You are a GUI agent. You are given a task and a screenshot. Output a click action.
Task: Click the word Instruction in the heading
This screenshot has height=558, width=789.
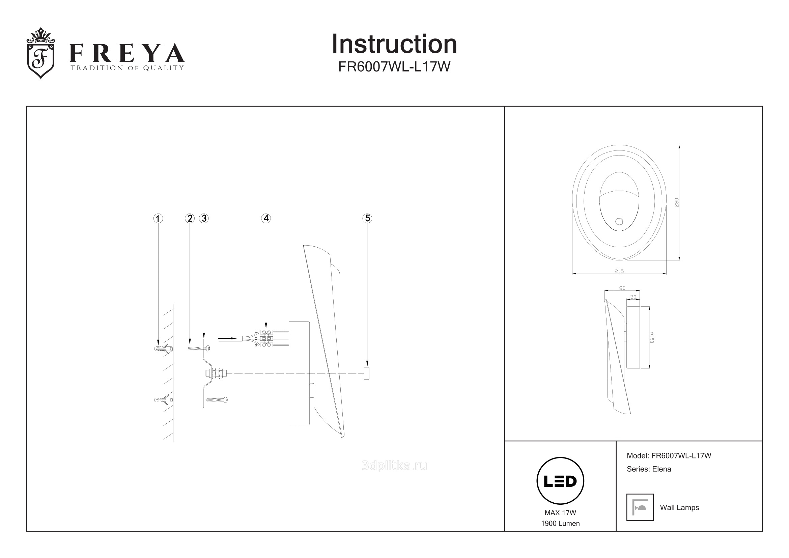point(394,44)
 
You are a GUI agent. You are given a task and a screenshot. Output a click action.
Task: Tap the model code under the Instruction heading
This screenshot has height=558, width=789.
point(394,67)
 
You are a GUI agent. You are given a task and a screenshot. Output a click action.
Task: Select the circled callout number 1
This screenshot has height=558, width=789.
point(158,219)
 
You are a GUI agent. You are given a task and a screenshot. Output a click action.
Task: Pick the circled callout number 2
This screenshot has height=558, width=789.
point(190,218)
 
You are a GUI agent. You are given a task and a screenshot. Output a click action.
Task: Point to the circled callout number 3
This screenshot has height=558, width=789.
point(204,218)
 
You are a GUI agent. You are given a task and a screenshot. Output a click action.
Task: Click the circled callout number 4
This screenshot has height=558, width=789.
point(266,218)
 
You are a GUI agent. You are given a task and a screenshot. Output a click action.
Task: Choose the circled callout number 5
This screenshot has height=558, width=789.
point(367,218)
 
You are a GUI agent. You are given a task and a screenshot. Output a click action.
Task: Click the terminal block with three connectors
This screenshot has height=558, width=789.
point(266,338)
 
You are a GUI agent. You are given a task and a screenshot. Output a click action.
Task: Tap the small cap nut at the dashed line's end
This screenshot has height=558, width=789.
point(367,373)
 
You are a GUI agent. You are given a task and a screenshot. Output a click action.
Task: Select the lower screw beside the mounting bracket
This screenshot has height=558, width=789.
point(217,399)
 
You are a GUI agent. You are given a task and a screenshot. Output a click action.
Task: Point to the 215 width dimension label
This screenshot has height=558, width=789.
point(619,271)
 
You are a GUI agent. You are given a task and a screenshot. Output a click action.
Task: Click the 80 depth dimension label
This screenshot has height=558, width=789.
point(622,288)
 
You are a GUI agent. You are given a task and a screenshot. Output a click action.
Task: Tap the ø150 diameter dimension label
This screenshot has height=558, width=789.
point(652,337)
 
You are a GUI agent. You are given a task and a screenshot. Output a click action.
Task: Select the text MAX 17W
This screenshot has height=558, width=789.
point(560,513)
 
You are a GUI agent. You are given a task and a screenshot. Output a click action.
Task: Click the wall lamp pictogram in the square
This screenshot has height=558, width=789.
point(640,507)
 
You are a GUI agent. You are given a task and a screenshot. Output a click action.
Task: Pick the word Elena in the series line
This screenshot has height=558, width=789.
point(661,469)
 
